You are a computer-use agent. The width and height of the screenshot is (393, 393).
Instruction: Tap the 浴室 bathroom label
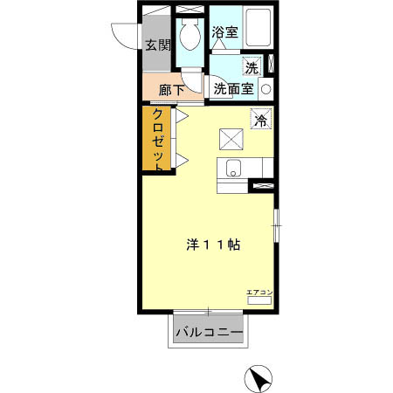pyautogui.click(x=224, y=32)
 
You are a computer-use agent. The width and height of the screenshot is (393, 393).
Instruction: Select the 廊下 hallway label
pyautogui.click(x=171, y=89)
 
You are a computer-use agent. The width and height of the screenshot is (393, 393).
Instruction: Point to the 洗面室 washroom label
pyautogui.click(x=234, y=88)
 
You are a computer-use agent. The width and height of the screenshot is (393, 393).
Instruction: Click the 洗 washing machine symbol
pyautogui.click(x=252, y=67)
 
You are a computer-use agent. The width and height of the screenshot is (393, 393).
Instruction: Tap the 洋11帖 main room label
pyautogui.click(x=212, y=245)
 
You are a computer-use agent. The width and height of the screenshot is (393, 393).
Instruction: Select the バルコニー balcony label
pyautogui.click(x=208, y=331)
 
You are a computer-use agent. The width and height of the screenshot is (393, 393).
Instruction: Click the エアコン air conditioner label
pyautogui.click(x=259, y=292)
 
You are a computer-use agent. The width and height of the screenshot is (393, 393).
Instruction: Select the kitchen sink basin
pyautogui.click(x=233, y=168)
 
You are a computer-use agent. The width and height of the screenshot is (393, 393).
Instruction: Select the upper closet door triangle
pyautogui.click(x=183, y=115)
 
